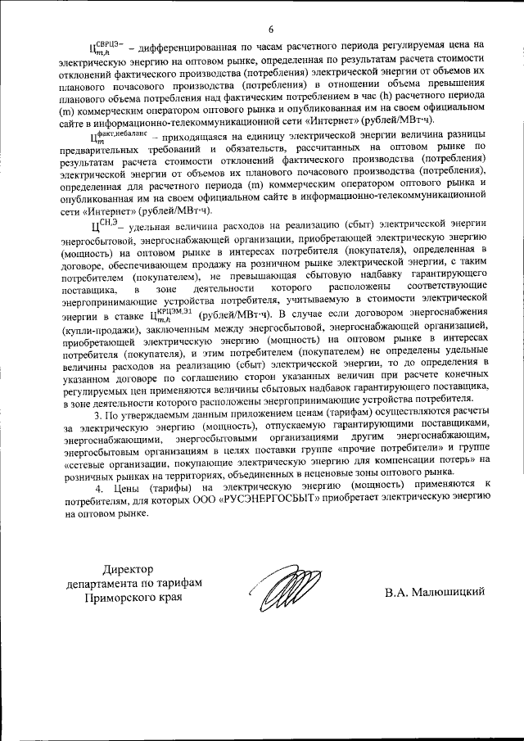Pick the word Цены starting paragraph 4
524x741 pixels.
coord(124,489)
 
